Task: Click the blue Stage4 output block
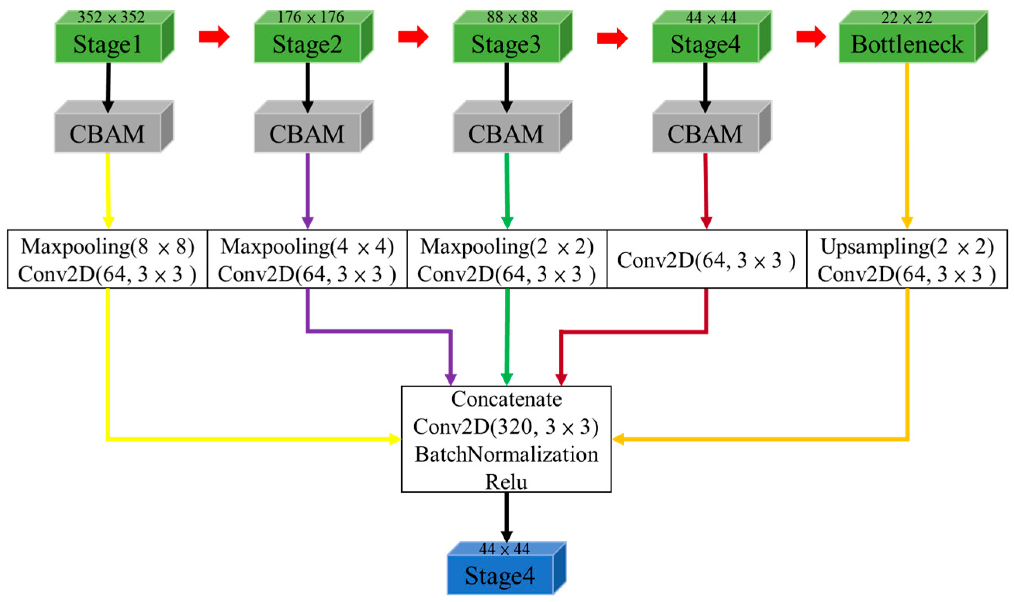click(x=500, y=575)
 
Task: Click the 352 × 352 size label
click(x=111, y=17)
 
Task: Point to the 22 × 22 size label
click(x=907, y=17)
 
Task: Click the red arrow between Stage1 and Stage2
click(x=214, y=36)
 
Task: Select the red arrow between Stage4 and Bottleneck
click(x=810, y=36)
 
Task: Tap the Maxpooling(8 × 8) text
click(x=107, y=246)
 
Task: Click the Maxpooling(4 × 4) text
click(x=307, y=246)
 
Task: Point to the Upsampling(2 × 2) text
click(x=907, y=246)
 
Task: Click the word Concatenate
click(x=506, y=399)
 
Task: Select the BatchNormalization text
click(x=506, y=455)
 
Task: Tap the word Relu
click(x=506, y=482)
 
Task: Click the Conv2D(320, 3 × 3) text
click(x=506, y=427)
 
